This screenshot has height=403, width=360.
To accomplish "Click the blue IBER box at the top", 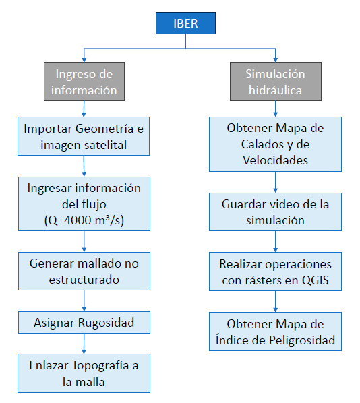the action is coord(185,23).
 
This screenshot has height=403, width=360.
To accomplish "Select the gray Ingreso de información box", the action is coord(84,82).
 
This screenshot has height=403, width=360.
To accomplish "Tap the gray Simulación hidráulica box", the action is coord(276,82).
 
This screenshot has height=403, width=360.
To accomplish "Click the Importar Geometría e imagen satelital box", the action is coord(84,136).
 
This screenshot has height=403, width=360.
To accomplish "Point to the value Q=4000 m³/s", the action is coord(84,220).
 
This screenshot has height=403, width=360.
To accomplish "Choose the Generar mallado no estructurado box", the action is coord(84,272).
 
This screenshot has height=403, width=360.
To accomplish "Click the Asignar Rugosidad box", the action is coord(84,323).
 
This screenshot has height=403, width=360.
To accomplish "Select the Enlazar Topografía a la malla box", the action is coord(84,373).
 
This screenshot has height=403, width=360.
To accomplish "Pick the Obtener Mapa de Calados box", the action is coord(276,144).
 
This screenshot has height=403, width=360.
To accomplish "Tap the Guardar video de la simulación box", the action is coord(276,212).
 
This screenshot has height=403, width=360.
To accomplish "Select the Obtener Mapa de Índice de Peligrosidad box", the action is coord(276,332).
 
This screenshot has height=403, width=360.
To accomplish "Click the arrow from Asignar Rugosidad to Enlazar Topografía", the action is coord(84,344).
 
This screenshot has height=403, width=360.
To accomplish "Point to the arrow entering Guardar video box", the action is coord(276,182).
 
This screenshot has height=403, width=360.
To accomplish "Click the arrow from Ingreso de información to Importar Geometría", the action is coord(84,108).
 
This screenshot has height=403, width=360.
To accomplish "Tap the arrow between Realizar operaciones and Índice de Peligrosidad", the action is coord(276,301).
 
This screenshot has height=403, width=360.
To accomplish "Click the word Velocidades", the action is coord(276,160).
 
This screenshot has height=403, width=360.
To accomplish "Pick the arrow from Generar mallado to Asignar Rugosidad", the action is coord(84,301).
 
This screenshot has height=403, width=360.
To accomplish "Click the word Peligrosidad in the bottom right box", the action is coord(302,340).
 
